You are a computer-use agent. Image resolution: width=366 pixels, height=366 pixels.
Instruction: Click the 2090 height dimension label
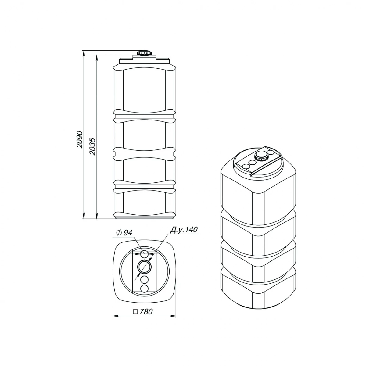coord(80,139)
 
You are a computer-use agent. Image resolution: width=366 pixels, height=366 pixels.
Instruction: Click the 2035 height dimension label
coord(92,147)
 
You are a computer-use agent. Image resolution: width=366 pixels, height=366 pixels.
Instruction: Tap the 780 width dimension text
coord(146,311)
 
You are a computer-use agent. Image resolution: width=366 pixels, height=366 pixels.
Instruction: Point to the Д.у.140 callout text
coord(184,230)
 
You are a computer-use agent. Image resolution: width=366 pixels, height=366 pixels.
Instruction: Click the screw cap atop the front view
coord(145,52)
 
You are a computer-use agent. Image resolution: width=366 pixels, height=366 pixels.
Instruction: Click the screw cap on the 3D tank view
coord(261,156)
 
